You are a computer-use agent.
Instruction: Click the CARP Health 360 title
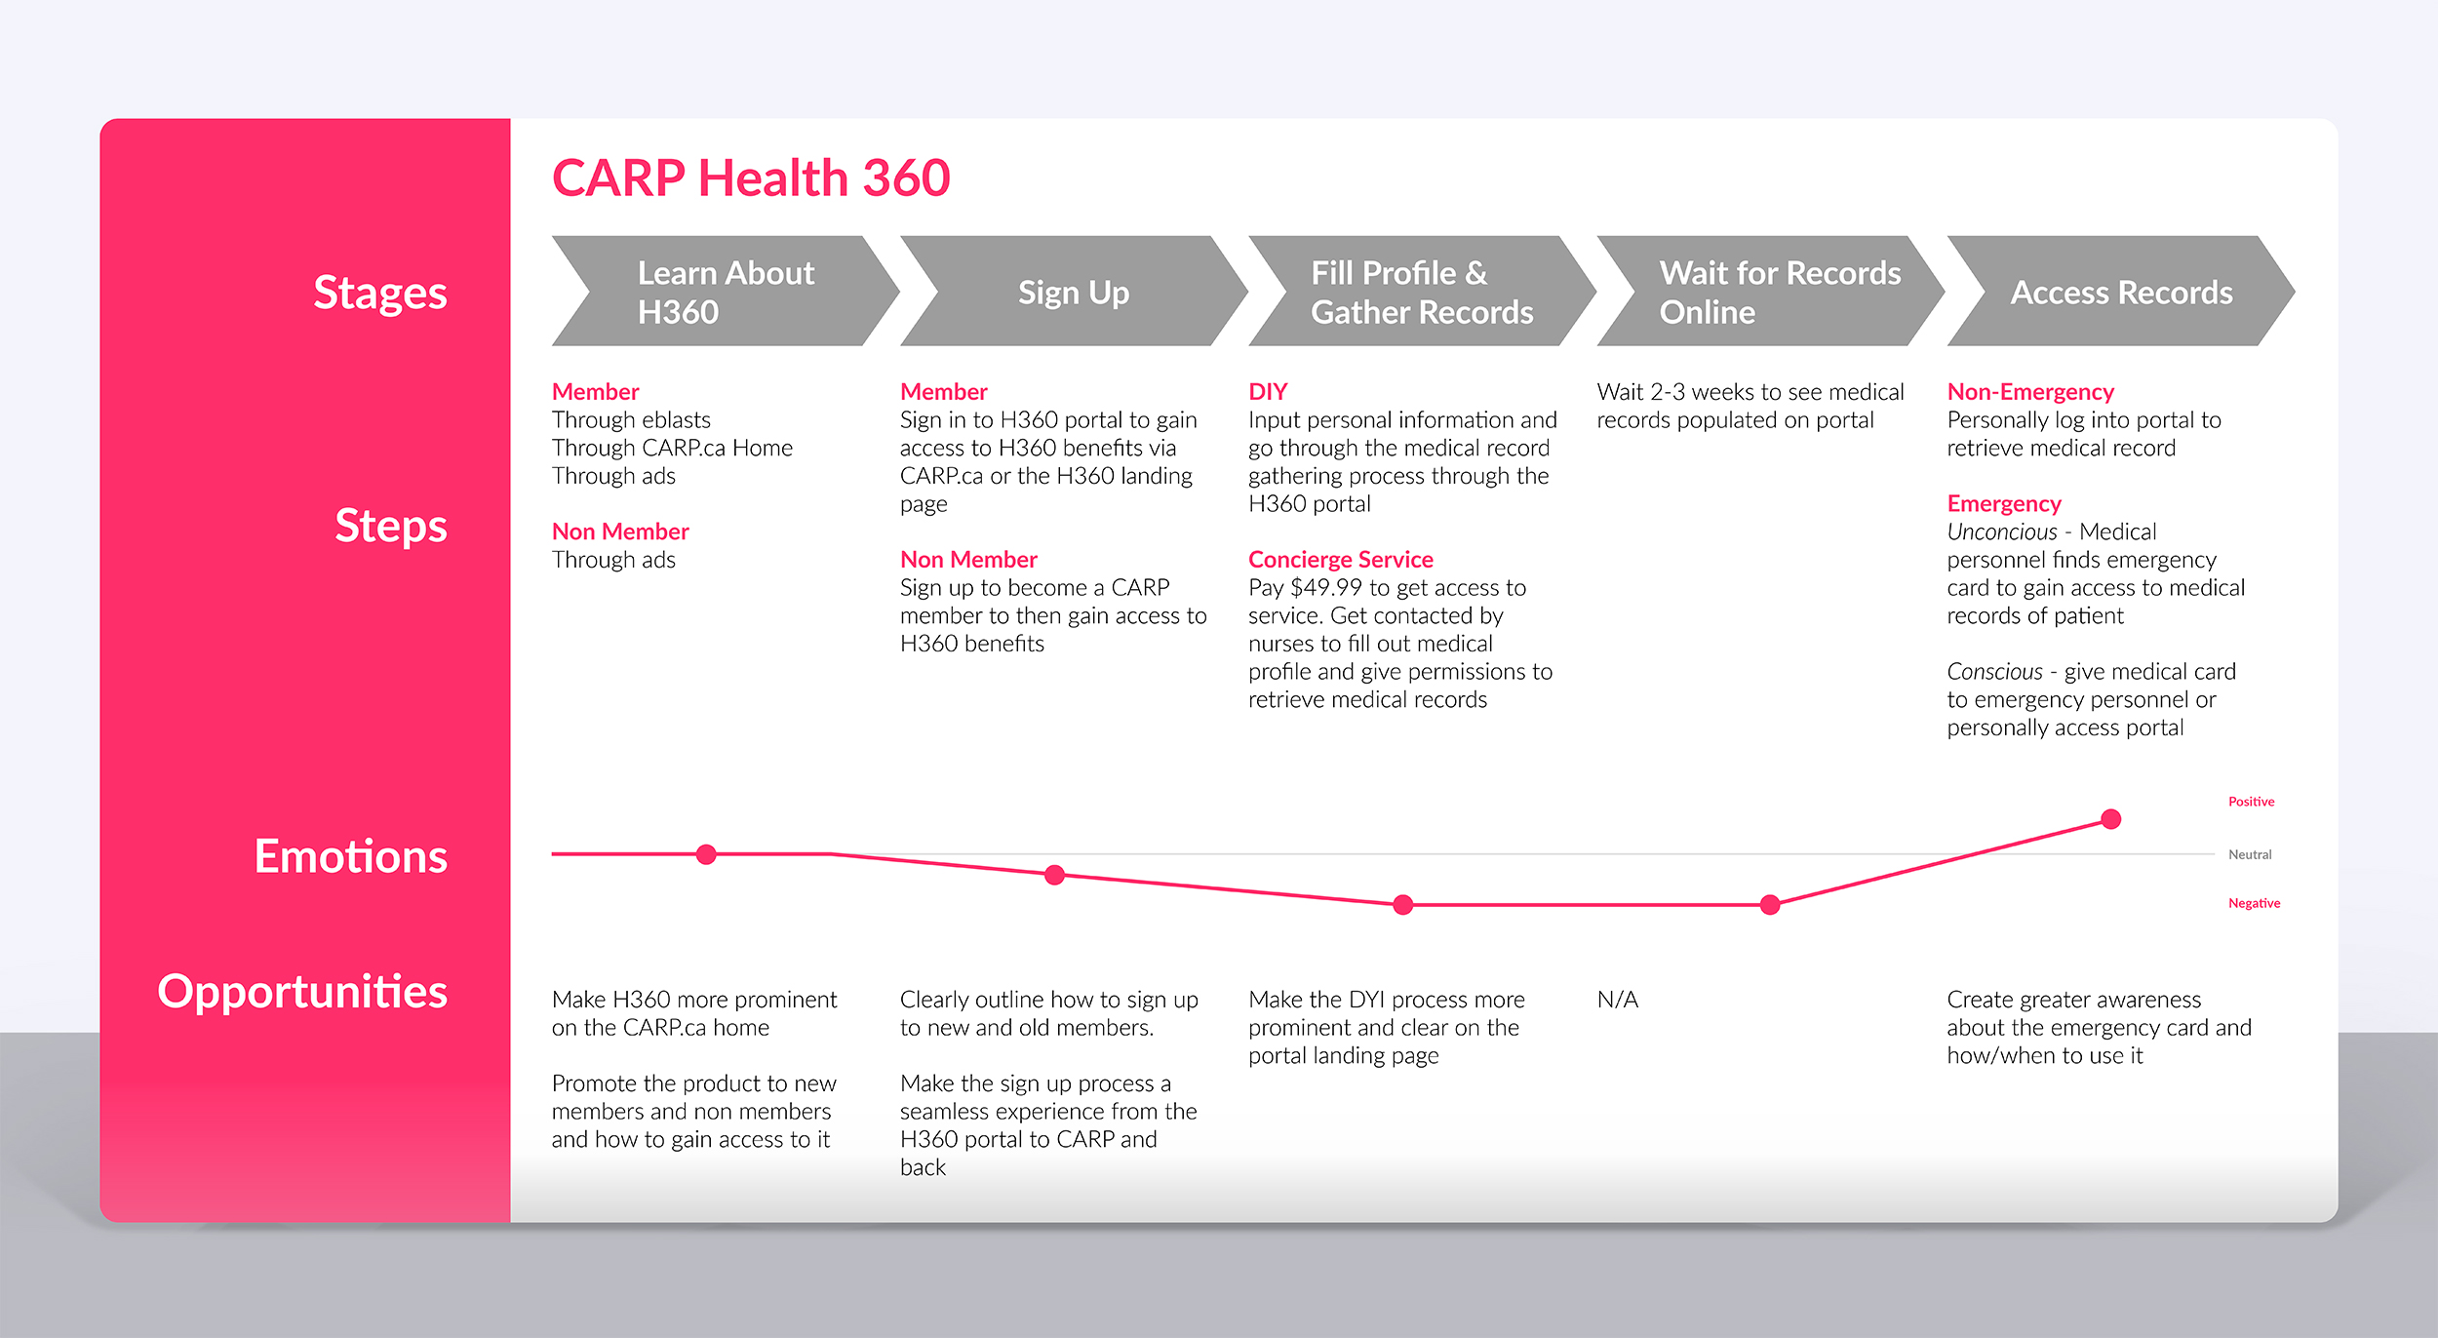(750, 177)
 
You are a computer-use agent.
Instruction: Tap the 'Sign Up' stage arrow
(1073, 292)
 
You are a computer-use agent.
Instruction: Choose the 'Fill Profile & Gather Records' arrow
(1421, 292)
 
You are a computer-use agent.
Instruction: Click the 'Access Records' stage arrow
(2120, 292)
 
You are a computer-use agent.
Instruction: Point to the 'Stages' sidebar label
(379, 293)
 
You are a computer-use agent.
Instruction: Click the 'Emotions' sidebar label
(350, 856)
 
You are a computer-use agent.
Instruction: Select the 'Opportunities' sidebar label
(302, 991)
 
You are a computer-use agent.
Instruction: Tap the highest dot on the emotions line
(2111, 819)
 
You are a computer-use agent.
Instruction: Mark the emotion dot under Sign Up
(1054, 875)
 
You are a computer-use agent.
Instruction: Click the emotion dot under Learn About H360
(706, 854)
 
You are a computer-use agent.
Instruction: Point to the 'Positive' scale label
(2251, 802)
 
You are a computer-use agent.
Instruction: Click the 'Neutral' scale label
(2250, 854)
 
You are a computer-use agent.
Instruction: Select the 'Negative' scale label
(2254, 903)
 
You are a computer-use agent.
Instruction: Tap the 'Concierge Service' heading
(1340, 559)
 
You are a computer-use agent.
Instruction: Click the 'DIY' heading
(1268, 391)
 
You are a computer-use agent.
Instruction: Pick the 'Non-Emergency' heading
(2030, 391)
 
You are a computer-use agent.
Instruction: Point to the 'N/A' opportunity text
(1617, 999)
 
